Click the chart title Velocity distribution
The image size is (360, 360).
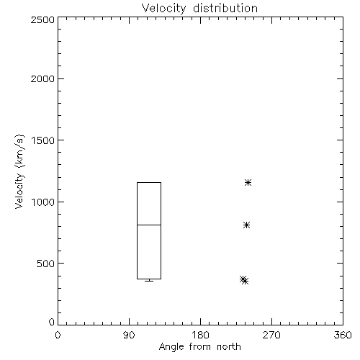199,9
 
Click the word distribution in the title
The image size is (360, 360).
225,9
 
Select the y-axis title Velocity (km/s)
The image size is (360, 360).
19,171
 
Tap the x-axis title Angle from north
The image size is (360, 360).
199,347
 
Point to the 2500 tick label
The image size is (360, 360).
42,19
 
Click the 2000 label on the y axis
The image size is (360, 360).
42,78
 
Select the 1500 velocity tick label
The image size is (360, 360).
43,140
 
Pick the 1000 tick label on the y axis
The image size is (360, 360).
43,202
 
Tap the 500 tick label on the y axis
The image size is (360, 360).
46,264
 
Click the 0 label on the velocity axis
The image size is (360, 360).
52,322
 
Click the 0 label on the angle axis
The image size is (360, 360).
58,335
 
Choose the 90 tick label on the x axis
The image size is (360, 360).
129,335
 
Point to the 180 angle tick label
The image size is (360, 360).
200,335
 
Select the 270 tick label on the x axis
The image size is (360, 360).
271,335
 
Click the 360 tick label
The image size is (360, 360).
343,335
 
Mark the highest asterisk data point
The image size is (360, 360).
248,183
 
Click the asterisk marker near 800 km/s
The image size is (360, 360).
246,225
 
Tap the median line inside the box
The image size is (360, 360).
149,225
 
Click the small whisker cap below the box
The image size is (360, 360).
149,281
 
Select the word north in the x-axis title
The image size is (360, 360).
229,347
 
